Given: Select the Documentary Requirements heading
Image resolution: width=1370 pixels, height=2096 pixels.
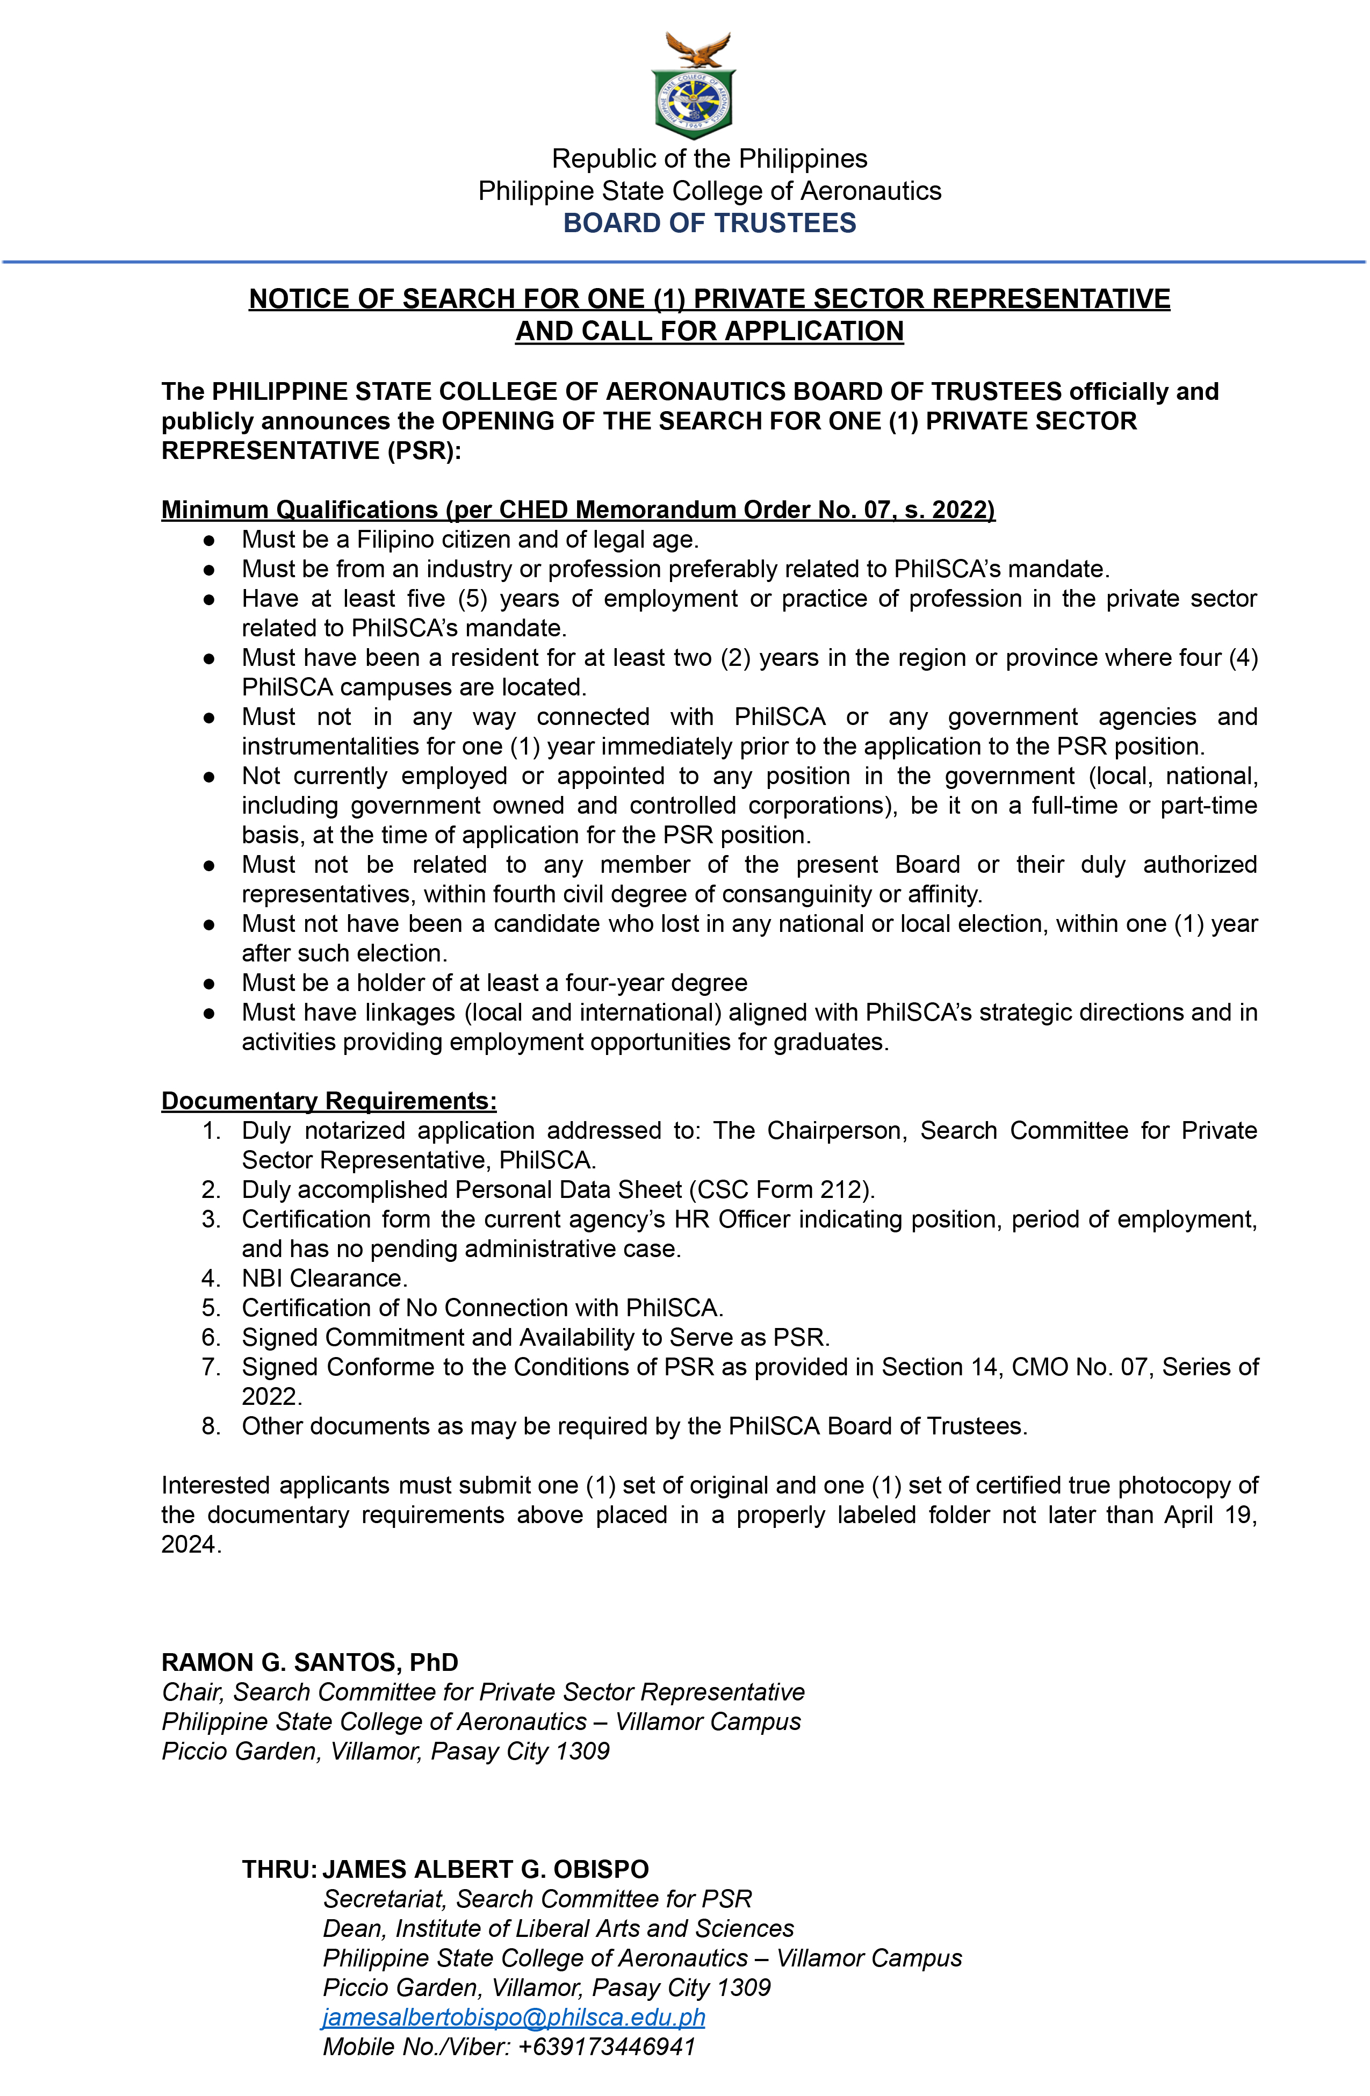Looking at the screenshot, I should pyautogui.click(x=328, y=1101).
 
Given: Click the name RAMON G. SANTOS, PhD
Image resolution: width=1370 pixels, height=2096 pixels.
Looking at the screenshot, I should pyautogui.click(x=310, y=1662).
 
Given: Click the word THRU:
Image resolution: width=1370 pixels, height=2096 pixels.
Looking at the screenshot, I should pyautogui.click(x=279, y=1869).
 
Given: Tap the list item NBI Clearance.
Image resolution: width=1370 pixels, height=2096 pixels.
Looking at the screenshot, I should pyautogui.click(x=324, y=1278).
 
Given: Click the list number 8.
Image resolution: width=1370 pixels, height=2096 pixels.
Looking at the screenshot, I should pyautogui.click(x=211, y=1426).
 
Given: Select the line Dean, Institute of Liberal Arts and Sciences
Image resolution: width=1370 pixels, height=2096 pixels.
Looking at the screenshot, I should pyautogui.click(x=558, y=1928).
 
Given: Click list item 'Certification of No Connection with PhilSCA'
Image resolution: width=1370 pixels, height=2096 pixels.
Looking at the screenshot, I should pyautogui.click(x=482, y=1308).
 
